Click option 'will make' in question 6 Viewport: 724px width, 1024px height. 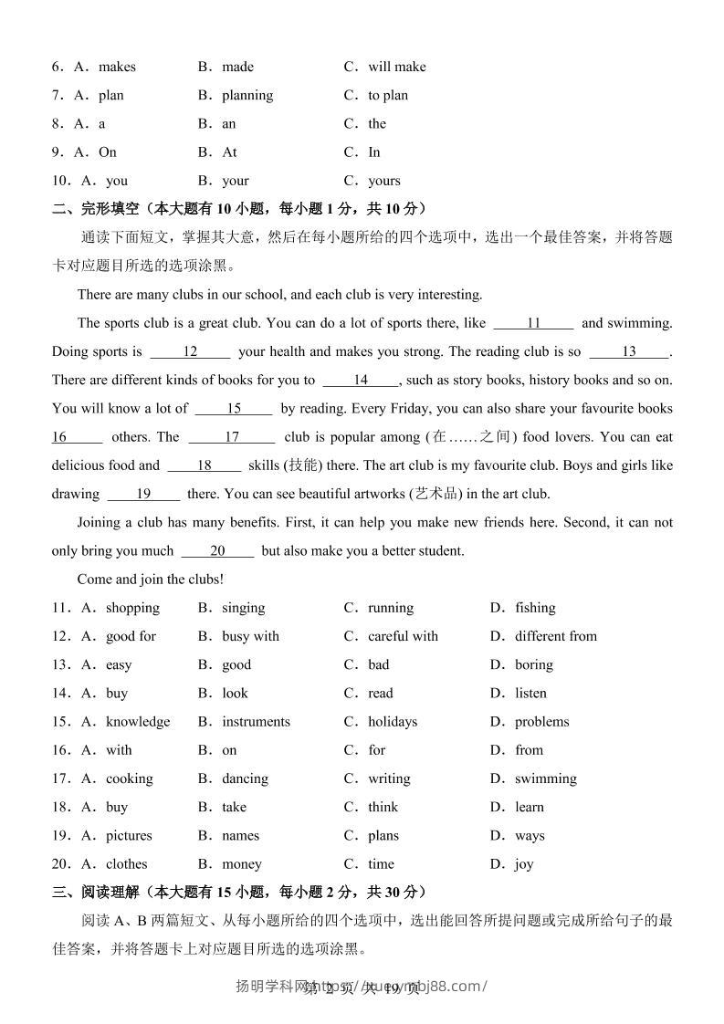click(x=396, y=67)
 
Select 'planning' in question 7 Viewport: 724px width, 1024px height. click(x=247, y=95)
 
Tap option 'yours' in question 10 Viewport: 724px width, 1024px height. click(x=383, y=181)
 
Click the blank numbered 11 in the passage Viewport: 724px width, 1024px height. click(x=534, y=323)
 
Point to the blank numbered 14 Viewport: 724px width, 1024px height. click(x=361, y=380)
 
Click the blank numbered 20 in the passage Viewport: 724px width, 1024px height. click(x=217, y=550)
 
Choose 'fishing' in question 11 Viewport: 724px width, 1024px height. click(x=534, y=608)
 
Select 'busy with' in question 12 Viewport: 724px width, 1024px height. click(x=250, y=636)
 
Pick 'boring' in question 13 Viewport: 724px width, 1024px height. click(x=533, y=664)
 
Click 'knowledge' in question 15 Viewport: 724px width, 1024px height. click(x=137, y=722)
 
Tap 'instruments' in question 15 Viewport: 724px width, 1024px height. click(x=256, y=722)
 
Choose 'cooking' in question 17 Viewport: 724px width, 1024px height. click(x=129, y=778)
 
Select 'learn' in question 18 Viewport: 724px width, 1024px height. click(x=529, y=807)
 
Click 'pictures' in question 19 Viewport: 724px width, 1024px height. click(x=129, y=835)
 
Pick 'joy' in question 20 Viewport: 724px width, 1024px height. click(x=523, y=864)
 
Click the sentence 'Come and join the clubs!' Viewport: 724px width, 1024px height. click(x=151, y=579)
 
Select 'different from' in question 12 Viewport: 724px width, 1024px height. click(x=555, y=636)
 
